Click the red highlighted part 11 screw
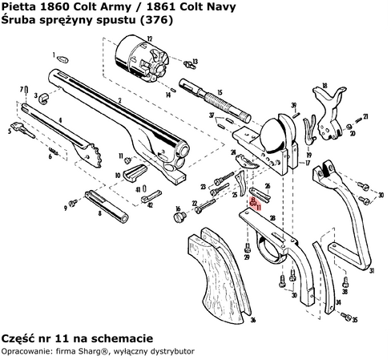(253, 203)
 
